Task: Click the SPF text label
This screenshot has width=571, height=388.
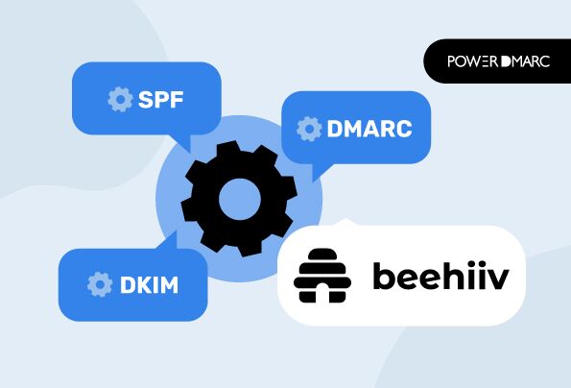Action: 160,99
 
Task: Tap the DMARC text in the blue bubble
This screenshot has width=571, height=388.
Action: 369,129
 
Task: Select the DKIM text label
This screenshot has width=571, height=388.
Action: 150,285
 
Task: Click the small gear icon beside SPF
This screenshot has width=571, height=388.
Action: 120,99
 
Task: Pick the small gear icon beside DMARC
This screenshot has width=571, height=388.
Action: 309,129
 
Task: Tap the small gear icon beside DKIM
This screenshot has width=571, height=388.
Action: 100,284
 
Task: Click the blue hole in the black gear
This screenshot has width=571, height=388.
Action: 240,200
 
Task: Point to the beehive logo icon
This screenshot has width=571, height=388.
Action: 322,276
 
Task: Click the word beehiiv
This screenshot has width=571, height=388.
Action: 441,276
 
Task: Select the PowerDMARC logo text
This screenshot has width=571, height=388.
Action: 498,61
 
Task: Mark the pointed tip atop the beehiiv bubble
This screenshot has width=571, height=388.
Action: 345,219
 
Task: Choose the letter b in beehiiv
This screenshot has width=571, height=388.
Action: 385,276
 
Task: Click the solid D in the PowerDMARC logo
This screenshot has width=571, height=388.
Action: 506,61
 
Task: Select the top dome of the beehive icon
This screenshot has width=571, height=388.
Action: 322,255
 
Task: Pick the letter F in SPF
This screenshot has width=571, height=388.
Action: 177,100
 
